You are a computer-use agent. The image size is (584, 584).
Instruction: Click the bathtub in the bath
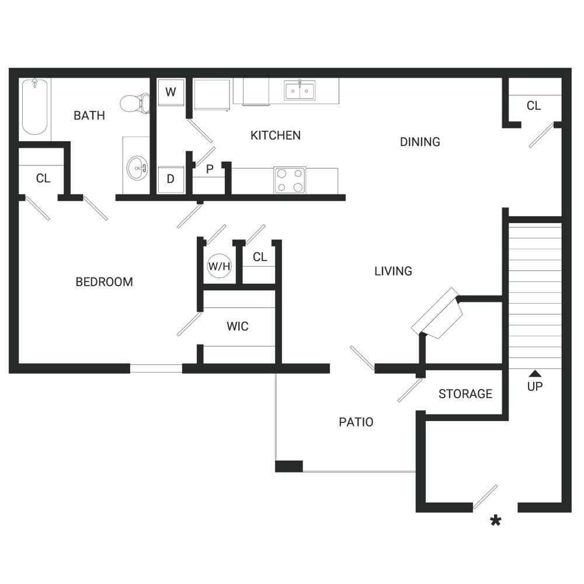point(34,107)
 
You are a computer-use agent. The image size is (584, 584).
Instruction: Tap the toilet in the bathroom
point(135,103)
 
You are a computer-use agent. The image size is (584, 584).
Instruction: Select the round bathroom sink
point(137,168)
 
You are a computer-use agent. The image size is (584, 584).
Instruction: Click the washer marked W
point(171,92)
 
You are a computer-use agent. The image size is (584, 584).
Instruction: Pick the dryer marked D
point(171,179)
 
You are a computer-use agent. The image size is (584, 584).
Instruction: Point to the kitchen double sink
point(300,91)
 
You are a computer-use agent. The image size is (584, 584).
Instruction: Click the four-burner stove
point(290,180)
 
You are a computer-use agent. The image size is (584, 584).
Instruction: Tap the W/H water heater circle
point(219,266)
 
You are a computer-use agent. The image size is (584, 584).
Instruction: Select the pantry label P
point(210,169)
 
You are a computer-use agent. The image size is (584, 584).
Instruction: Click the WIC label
point(238,326)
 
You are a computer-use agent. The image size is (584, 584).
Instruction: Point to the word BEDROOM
point(105,282)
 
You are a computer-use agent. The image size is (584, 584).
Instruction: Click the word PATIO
point(356,422)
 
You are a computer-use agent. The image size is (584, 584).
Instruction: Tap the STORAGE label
point(465,394)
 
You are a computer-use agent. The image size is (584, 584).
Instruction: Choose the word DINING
point(420,142)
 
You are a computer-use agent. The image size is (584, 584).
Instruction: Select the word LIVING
point(393,271)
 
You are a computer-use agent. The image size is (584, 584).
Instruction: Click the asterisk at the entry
point(495,521)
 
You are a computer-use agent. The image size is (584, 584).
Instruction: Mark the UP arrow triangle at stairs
point(535,374)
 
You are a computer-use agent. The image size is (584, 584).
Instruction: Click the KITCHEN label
point(276,135)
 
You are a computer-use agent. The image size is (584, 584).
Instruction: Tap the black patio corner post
point(289,466)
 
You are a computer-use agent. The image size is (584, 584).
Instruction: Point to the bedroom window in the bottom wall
point(156,369)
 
